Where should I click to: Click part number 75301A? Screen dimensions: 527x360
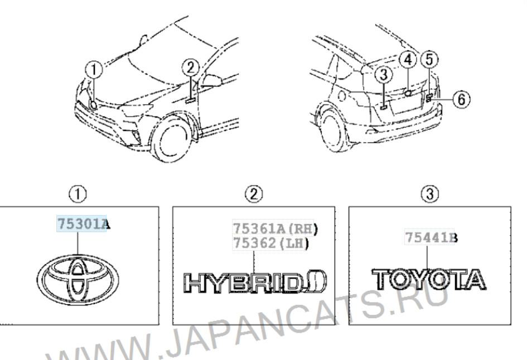click(83, 223)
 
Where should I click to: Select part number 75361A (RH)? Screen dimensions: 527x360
click(275, 228)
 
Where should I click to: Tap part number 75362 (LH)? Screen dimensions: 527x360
click(270, 243)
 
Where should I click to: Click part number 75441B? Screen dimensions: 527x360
click(431, 238)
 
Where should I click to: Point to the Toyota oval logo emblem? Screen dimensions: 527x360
click(78, 279)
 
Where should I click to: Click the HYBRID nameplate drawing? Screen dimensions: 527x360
click(255, 282)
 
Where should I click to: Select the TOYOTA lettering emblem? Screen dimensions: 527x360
click(429, 279)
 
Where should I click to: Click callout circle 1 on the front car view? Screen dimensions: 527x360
click(94, 70)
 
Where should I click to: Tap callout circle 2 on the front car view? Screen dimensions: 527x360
click(191, 68)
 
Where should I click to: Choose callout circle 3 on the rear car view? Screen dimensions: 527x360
click(384, 75)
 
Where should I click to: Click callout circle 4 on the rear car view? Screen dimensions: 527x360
click(408, 60)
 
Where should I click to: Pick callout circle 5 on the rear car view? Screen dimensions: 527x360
click(429, 60)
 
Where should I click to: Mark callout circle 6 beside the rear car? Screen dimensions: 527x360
click(461, 99)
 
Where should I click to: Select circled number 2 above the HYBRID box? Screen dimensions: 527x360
click(254, 194)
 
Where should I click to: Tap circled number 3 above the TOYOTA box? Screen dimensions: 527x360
click(430, 194)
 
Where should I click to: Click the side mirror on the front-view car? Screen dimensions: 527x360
click(212, 80)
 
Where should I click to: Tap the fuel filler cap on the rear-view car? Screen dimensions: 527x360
click(342, 96)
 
